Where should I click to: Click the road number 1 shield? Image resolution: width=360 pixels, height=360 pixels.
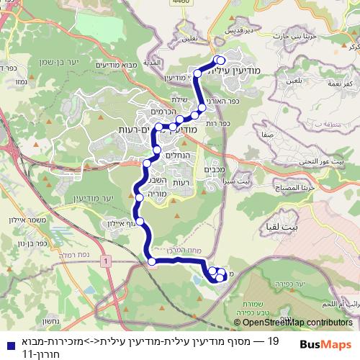click(107, 260)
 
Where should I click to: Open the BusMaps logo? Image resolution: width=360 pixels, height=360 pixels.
click(323, 344)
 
